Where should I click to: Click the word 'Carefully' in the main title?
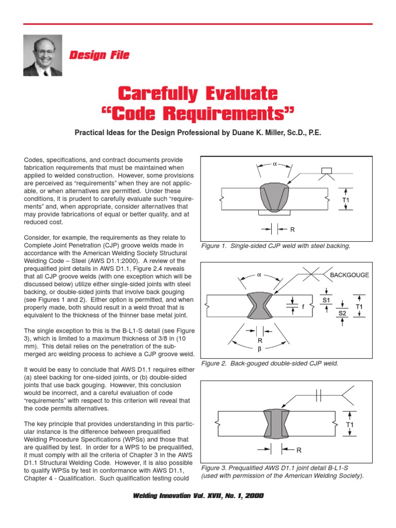(x=158, y=94)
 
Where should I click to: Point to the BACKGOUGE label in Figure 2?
(x=349, y=275)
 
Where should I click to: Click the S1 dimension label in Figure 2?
(x=326, y=299)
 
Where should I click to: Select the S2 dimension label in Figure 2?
(x=342, y=312)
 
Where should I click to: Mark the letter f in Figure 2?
(x=303, y=306)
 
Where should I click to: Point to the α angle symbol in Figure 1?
(x=275, y=164)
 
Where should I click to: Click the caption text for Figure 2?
(x=270, y=364)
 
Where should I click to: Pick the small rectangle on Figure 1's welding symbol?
(x=327, y=171)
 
